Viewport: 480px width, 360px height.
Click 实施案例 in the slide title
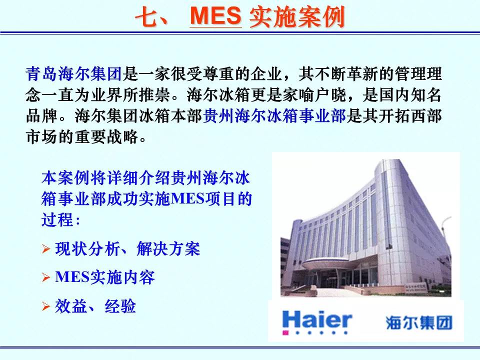pyautogui.click(x=297, y=16)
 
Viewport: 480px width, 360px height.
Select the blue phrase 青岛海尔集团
pyautogui.click(x=74, y=74)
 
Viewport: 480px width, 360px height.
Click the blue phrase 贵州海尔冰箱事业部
pyautogui.click(x=274, y=116)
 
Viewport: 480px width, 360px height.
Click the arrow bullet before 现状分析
pyautogui.click(x=46, y=249)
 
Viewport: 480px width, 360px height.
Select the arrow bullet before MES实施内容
pyautogui.click(x=46, y=277)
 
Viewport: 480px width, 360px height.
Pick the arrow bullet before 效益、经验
pyautogui.click(x=46, y=306)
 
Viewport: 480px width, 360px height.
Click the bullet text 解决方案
pyautogui.click(x=168, y=249)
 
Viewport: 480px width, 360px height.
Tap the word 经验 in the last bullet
pyautogui.click(x=120, y=306)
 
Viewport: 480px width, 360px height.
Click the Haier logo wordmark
pyautogui.click(x=317, y=320)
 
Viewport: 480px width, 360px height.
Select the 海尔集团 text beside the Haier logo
pyautogui.click(x=419, y=322)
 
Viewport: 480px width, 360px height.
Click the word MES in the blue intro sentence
pyautogui.click(x=187, y=198)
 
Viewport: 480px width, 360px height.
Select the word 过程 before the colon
pyautogui.click(x=57, y=220)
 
